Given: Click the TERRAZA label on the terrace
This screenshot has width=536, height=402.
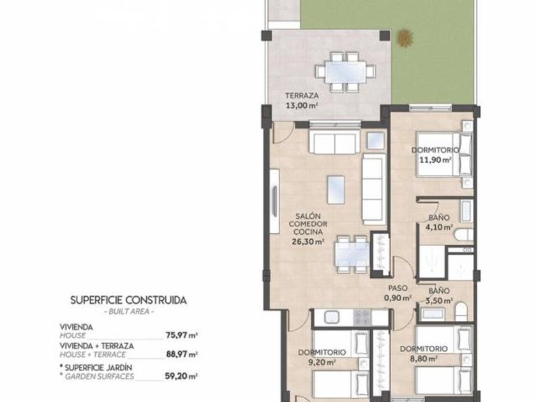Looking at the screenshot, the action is (302, 96).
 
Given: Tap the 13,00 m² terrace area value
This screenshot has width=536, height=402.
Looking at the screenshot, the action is (302, 106).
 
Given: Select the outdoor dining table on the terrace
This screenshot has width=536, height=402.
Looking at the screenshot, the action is (345, 71).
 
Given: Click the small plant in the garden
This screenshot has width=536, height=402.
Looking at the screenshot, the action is (405, 38).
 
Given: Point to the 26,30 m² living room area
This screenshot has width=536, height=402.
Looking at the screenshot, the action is (308, 242).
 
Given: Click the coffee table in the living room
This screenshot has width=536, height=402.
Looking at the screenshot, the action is (336, 190).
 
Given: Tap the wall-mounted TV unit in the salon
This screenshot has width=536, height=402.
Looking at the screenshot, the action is (274, 202).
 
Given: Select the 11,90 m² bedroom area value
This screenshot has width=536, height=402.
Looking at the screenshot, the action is (435, 160).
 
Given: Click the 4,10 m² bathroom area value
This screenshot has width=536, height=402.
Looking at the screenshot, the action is (439, 227).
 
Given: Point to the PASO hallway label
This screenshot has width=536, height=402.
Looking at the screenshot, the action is (398, 288).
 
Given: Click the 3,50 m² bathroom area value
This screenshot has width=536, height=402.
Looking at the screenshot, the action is (439, 301).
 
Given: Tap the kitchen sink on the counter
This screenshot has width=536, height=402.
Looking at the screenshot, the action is (331, 317).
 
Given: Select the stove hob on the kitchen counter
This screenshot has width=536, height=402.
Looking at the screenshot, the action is (362, 317).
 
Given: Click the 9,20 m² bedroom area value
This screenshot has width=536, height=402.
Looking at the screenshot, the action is (322, 362).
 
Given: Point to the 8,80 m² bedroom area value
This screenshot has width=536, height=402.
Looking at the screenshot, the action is (424, 359).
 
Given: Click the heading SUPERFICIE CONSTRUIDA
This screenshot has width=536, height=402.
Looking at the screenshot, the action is (128, 301).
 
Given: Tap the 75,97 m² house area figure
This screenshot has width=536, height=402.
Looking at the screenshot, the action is (182, 335).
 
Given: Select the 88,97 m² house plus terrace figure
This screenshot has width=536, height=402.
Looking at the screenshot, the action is (182, 354).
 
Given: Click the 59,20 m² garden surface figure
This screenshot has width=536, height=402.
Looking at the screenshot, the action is (181, 376).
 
